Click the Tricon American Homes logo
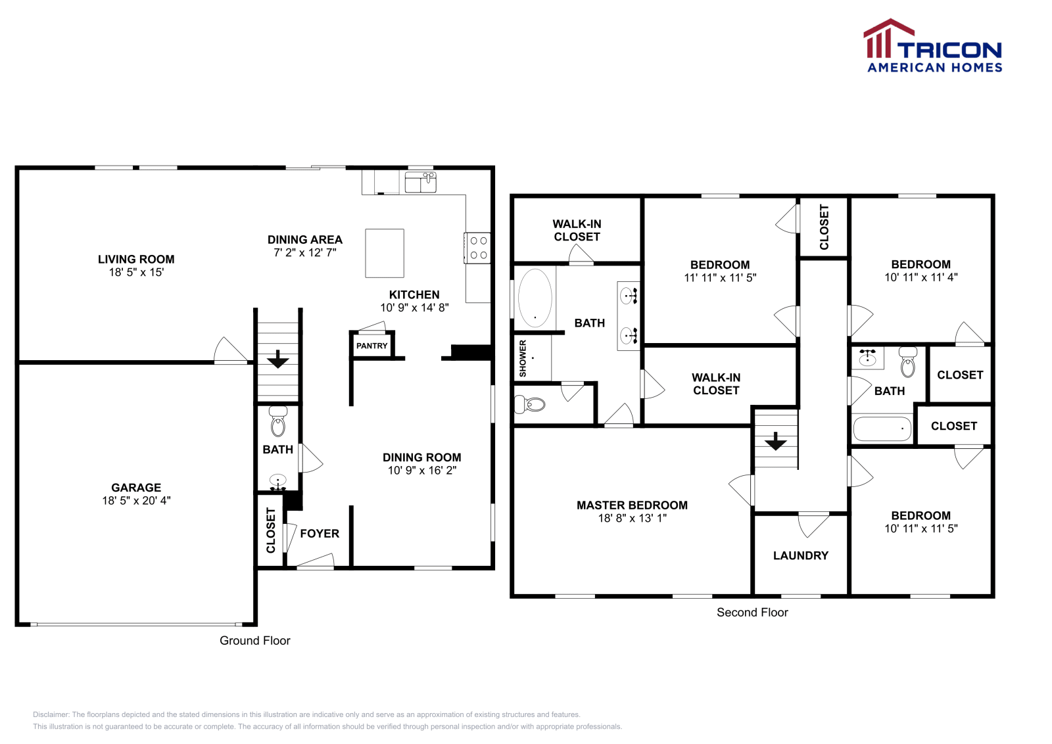[932, 47]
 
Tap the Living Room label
[136, 260]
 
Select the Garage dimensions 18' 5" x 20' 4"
[136, 500]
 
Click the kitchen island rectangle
[385, 253]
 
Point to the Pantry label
[372, 346]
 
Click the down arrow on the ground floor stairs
[278, 360]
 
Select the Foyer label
[320, 534]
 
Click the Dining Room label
[421, 457]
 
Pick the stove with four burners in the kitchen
[478, 248]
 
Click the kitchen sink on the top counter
[421, 182]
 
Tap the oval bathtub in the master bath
[535, 298]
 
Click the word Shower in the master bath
[523, 358]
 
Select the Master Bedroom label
[632, 505]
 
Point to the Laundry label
[800, 555]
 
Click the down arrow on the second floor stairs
[776, 442]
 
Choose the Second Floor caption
[752, 613]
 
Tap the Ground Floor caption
[254, 641]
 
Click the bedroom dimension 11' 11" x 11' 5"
[720, 277]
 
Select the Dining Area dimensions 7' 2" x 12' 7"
[305, 252]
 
